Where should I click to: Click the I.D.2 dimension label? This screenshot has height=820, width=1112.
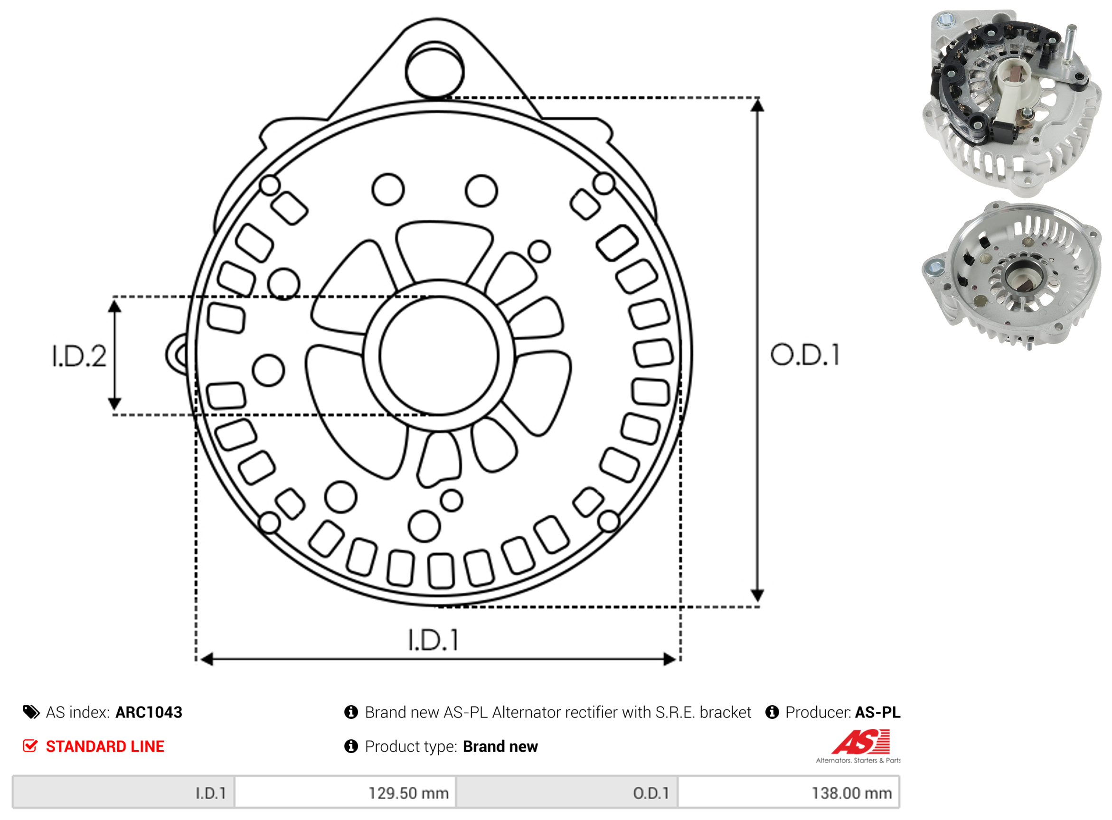tap(79, 357)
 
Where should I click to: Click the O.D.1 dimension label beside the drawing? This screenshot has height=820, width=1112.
tap(805, 355)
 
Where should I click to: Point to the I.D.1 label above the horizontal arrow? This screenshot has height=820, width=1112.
tap(433, 640)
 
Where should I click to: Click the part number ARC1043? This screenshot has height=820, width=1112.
tap(149, 713)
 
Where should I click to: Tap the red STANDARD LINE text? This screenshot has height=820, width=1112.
tap(105, 747)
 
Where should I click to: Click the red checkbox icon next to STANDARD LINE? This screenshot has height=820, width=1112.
tap(30, 746)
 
